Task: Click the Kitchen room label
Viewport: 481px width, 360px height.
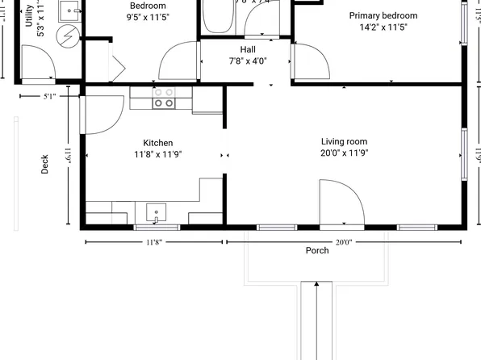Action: (158, 143)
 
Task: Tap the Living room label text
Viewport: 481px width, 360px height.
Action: (344, 141)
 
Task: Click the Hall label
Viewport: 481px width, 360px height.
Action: (248, 49)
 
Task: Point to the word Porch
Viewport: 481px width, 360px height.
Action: (317, 250)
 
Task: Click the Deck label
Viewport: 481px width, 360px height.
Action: (45, 164)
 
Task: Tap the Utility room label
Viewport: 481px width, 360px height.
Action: (30, 16)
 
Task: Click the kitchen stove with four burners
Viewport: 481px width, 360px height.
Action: (164, 98)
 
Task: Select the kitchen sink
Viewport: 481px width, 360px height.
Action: (156, 214)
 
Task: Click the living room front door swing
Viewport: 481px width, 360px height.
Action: (341, 202)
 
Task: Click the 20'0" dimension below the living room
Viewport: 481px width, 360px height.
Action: (343, 241)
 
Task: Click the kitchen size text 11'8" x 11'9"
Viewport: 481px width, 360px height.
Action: (158, 153)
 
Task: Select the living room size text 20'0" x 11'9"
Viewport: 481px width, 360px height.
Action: (344, 153)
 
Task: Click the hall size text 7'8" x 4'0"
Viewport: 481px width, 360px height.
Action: (248, 61)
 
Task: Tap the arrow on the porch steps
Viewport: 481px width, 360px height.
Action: (317, 285)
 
